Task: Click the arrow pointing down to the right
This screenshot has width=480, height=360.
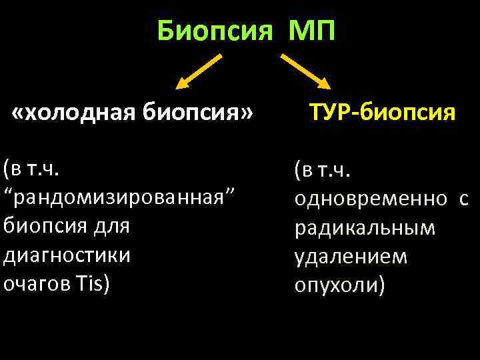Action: coord(305,72)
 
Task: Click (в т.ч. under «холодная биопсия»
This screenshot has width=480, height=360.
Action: coord(31,168)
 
